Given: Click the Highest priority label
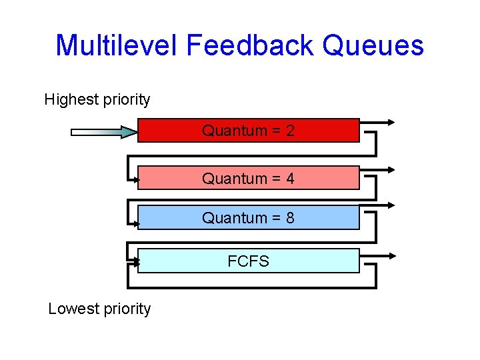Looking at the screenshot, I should [x=97, y=100].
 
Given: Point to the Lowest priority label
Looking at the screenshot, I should [x=99, y=309].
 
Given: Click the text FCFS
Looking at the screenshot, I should [x=248, y=261].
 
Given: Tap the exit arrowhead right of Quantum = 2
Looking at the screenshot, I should [x=391, y=122].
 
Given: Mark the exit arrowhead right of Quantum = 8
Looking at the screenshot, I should [x=391, y=206].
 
